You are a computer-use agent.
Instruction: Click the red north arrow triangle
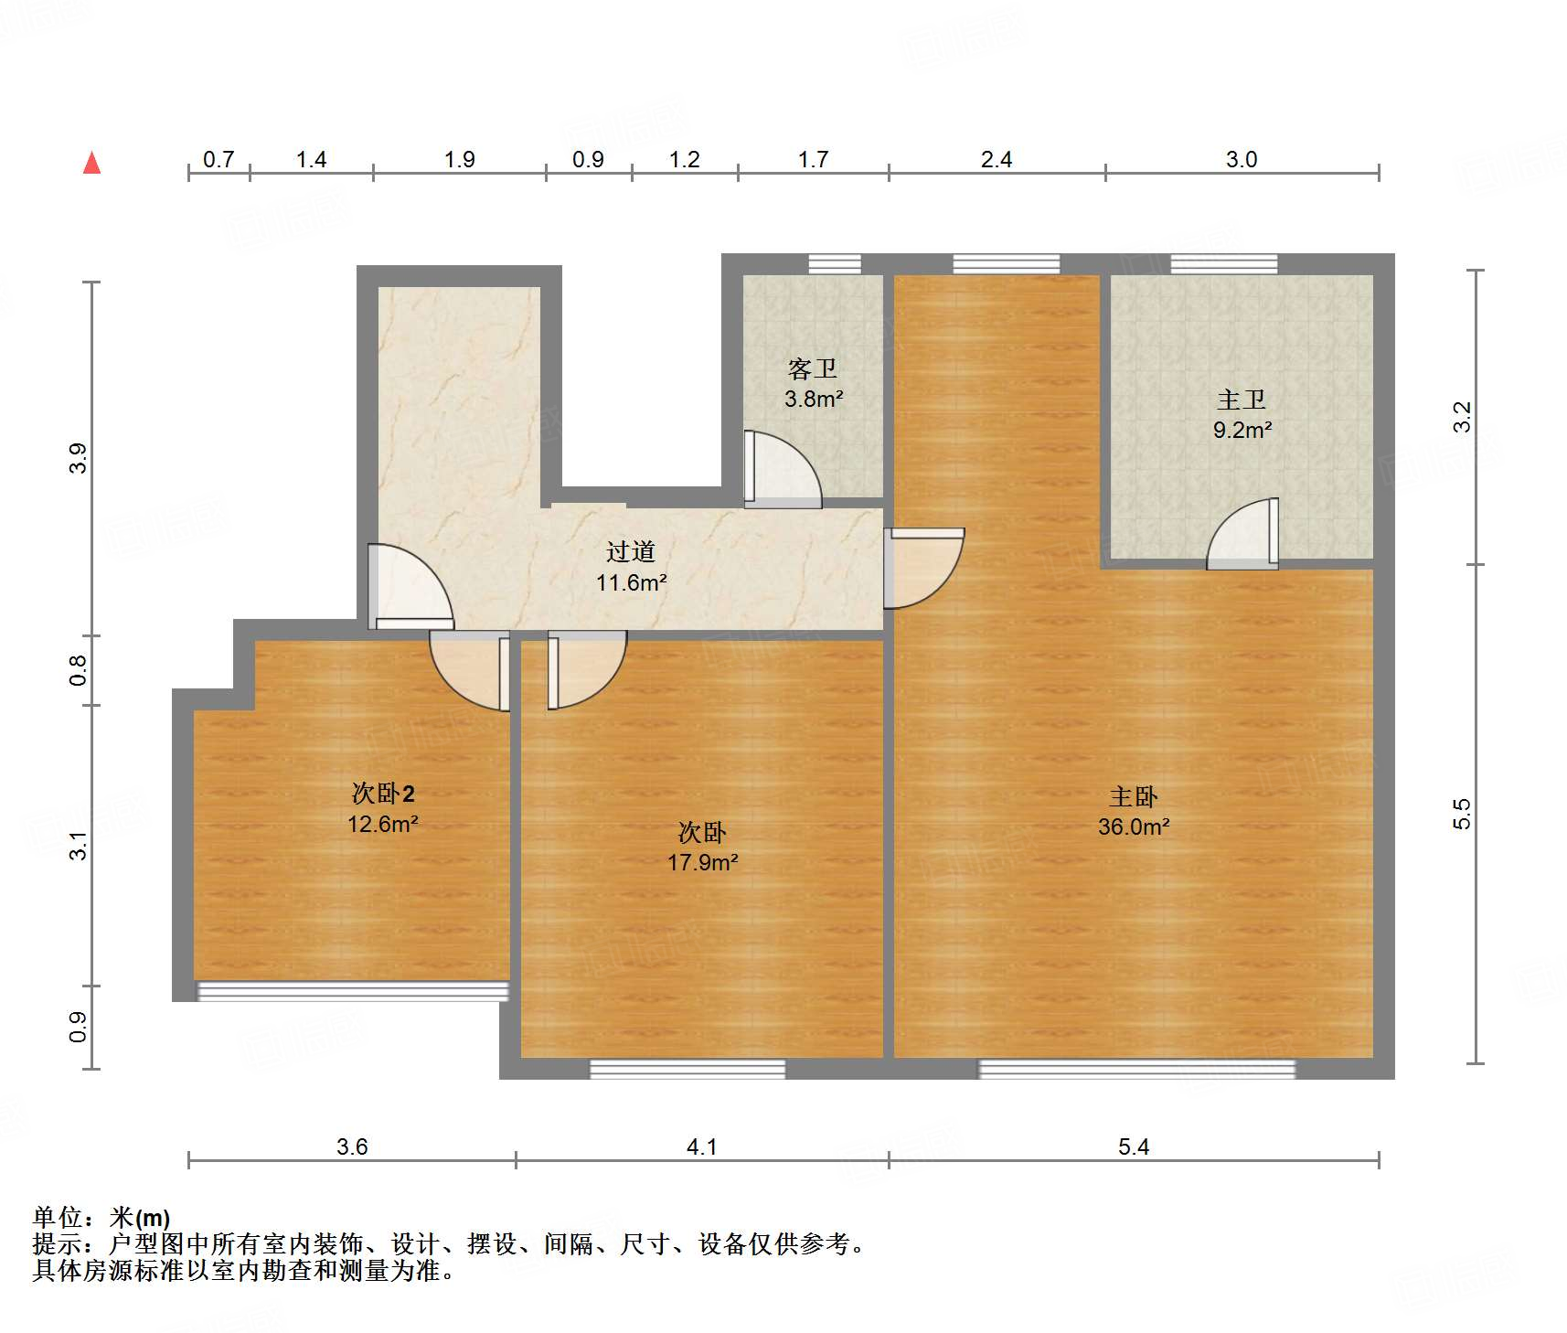(x=91, y=164)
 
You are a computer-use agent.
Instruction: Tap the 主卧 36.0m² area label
(x=1134, y=812)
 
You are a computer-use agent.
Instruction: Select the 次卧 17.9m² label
(x=702, y=847)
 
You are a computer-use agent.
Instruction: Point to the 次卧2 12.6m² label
(x=383, y=808)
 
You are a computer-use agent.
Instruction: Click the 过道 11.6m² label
(x=631, y=567)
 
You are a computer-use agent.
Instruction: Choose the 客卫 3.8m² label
(x=813, y=384)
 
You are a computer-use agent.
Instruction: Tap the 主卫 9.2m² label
(x=1242, y=414)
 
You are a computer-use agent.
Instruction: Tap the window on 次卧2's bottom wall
(x=353, y=991)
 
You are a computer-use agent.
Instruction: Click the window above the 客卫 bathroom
(x=834, y=264)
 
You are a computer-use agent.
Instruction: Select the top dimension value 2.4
(x=996, y=159)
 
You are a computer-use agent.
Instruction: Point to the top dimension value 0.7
(x=219, y=159)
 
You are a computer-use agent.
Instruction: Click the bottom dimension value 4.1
(x=701, y=1146)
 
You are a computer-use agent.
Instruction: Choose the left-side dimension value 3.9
(x=79, y=458)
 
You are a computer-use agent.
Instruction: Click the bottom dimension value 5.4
(x=1133, y=1146)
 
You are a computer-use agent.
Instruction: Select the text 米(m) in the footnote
(x=140, y=1218)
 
